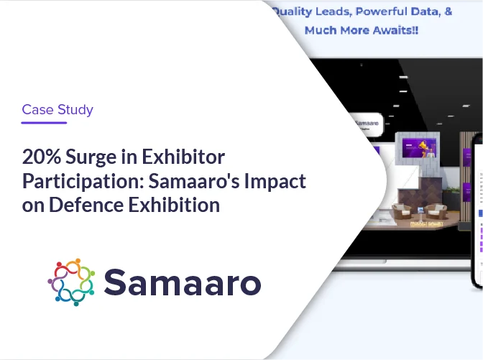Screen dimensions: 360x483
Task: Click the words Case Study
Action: coord(57,110)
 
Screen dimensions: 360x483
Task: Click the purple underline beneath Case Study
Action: coord(44,123)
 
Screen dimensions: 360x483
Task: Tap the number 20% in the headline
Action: coord(38,157)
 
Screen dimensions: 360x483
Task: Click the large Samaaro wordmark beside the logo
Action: coord(182,282)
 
